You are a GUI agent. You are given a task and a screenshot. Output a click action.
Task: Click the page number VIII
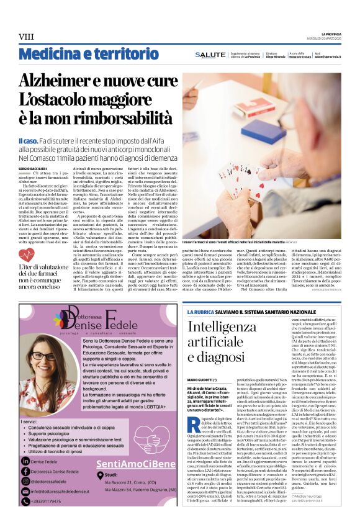[26, 37]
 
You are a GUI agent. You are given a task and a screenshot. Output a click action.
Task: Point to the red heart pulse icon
[27, 254]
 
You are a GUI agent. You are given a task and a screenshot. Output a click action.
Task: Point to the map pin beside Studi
[99, 475]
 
